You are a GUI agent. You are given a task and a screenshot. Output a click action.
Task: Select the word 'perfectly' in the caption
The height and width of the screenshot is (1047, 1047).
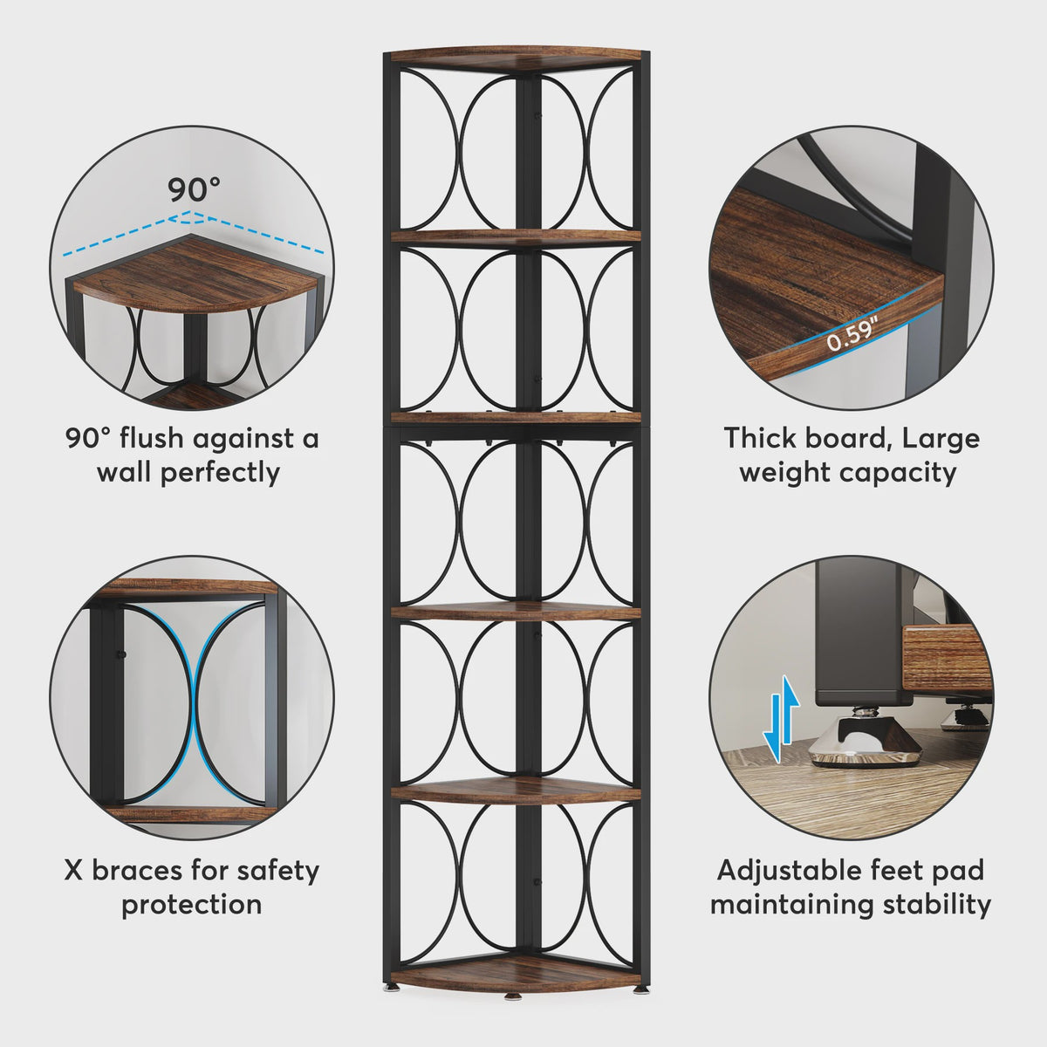tap(220, 473)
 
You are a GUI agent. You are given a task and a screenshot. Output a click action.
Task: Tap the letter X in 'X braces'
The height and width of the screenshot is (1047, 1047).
tap(74, 871)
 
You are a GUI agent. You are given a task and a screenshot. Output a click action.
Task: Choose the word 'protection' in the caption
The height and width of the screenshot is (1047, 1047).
tap(191, 905)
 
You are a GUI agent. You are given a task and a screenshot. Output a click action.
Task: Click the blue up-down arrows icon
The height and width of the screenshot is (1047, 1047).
tap(781, 719)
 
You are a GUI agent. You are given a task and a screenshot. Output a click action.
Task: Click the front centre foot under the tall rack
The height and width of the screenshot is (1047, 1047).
tap(512, 996)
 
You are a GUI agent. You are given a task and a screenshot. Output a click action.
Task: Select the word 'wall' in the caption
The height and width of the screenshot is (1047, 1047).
tap(125, 472)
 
